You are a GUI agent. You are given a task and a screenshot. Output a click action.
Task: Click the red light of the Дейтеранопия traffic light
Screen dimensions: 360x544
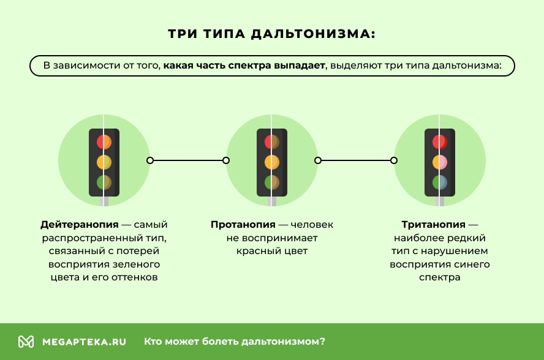click(104, 142)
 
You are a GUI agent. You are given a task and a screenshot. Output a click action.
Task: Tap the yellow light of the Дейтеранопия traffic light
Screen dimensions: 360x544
click(104, 162)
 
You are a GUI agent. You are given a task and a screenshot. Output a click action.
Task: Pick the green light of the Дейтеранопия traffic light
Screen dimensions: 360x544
click(104, 182)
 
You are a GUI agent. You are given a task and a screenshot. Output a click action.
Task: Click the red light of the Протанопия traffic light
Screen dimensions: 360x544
click(272, 142)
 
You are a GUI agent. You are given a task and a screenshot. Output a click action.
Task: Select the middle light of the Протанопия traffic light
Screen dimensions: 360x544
click(272, 162)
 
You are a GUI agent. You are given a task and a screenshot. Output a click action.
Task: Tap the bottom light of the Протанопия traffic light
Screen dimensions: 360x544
click(272, 182)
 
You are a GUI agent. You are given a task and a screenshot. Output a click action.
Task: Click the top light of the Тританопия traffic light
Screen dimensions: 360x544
click(440, 142)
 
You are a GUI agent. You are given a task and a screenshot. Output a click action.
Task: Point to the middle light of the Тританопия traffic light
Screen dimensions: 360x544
click(440, 162)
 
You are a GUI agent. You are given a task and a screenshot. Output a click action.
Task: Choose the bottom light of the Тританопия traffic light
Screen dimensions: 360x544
click(440, 182)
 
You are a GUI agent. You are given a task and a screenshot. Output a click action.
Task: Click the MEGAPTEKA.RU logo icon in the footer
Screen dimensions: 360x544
click(26, 342)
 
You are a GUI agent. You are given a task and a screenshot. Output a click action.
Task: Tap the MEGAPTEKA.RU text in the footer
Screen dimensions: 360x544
click(84, 342)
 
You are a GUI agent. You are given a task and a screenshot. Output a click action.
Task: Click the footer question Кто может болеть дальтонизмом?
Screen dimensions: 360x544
click(235, 342)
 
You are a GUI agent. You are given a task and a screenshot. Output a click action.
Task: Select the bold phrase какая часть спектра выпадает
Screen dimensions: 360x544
click(244, 66)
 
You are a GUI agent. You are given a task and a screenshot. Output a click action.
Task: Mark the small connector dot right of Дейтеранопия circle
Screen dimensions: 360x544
click(150, 160)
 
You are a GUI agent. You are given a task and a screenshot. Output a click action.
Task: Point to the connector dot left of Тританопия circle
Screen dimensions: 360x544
click(394, 160)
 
